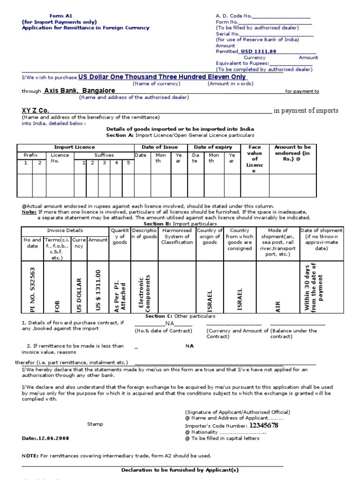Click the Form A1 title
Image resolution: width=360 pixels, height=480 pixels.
(53, 16)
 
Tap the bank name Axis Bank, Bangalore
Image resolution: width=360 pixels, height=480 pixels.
(80, 90)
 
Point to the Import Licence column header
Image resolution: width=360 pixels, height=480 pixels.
(75, 147)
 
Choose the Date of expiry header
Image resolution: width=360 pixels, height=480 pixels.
(213, 147)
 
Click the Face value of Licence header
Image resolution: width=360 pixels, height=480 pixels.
(255, 159)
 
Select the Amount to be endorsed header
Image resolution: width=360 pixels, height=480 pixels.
(292, 153)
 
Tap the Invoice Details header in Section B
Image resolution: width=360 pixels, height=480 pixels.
(65, 231)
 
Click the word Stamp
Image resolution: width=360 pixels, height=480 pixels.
(95, 424)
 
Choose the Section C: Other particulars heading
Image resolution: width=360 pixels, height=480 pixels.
(180, 316)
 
